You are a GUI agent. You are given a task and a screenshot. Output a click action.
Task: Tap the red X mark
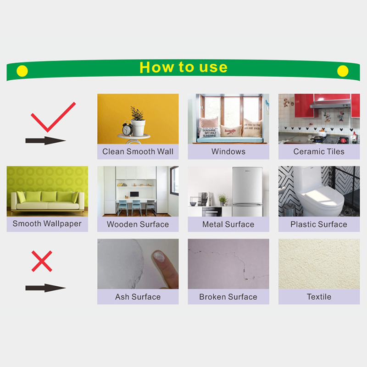(42, 261)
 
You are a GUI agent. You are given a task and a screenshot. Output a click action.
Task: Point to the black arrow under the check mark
(45, 141)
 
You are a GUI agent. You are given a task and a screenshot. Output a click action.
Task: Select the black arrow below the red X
(45, 288)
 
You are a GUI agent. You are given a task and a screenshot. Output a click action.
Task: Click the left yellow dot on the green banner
(22, 71)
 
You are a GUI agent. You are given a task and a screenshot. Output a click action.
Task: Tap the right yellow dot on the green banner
(343, 71)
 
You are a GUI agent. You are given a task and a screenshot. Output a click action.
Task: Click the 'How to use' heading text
(183, 67)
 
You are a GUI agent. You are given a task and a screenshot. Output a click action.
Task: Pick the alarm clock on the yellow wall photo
(128, 128)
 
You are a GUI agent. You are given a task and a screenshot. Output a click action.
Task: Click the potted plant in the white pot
(138, 121)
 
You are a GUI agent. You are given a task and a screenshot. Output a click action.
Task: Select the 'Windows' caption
(228, 152)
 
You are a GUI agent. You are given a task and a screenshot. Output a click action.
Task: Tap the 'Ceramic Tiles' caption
(319, 152)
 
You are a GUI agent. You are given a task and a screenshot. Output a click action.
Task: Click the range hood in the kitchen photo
(330, 104)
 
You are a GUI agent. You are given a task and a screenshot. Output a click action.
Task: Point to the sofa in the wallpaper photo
(48, 202)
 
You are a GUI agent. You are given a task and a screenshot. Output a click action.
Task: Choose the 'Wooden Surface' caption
(138, 224)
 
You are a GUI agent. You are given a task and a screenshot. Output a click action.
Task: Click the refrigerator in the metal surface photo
(247, 192)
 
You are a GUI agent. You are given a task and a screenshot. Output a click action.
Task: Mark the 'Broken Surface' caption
(228, 297)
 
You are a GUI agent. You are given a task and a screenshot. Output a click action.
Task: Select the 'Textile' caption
(319, 297)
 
